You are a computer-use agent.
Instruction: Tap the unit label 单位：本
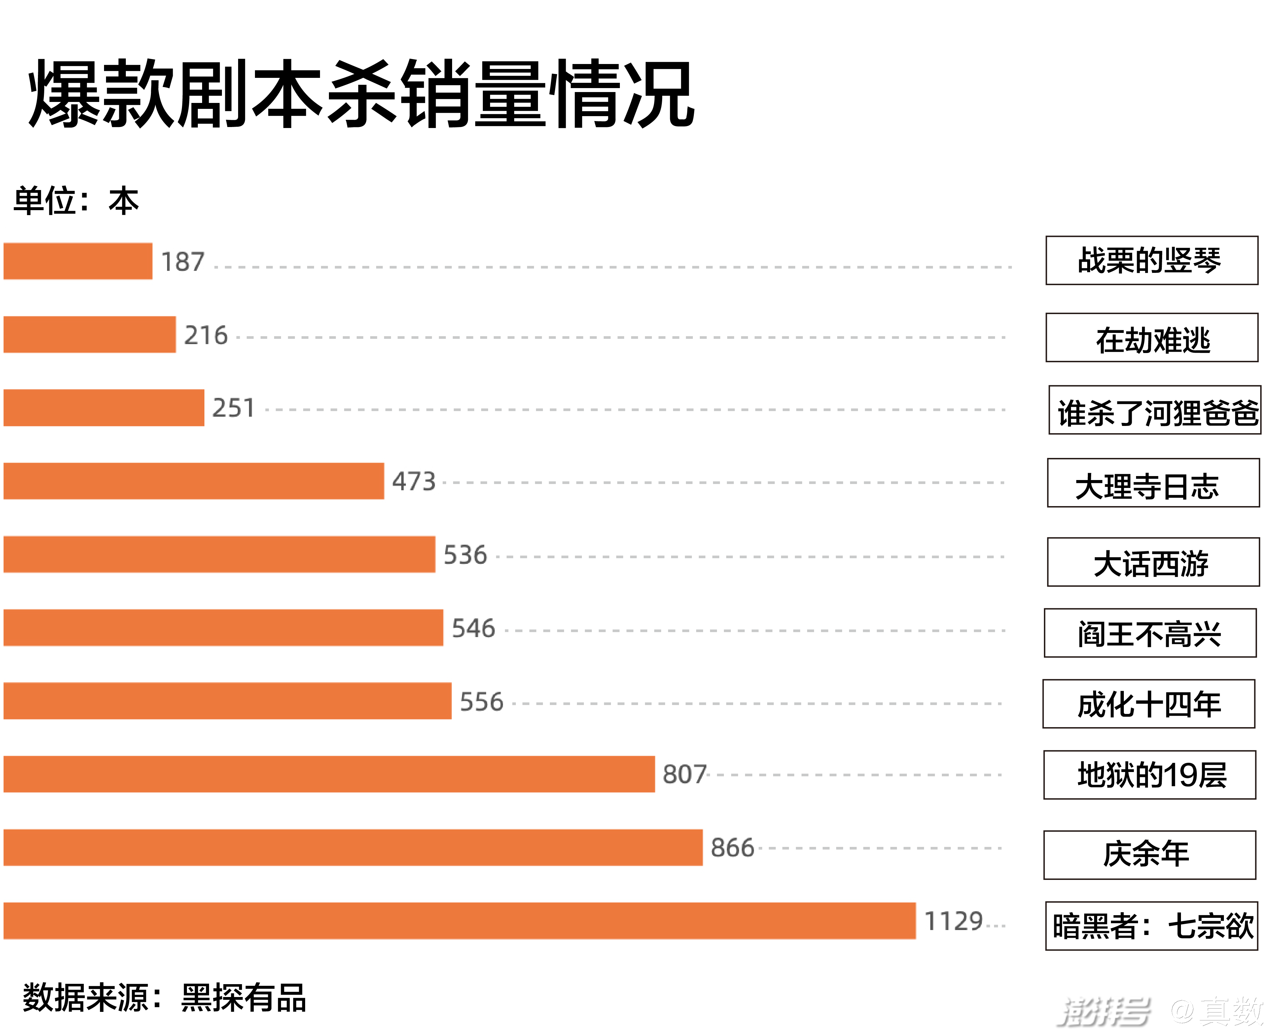(76, 201)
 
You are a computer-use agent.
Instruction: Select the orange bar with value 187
(78, 261)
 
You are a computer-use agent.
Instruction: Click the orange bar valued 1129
(459, 921)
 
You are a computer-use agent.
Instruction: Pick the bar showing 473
(194, 481)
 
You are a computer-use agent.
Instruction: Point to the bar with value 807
(329, 774)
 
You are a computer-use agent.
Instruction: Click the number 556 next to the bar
(481, 702)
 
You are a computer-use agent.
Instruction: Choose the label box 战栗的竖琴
(1152, 260)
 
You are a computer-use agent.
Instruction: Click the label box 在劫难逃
(1152, 338)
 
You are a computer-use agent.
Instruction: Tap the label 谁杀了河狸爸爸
(1155, 410)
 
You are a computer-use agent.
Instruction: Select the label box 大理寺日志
(1153, 483)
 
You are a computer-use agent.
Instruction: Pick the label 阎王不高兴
(1150, 633)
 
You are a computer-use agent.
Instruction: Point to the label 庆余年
(1150, 855)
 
